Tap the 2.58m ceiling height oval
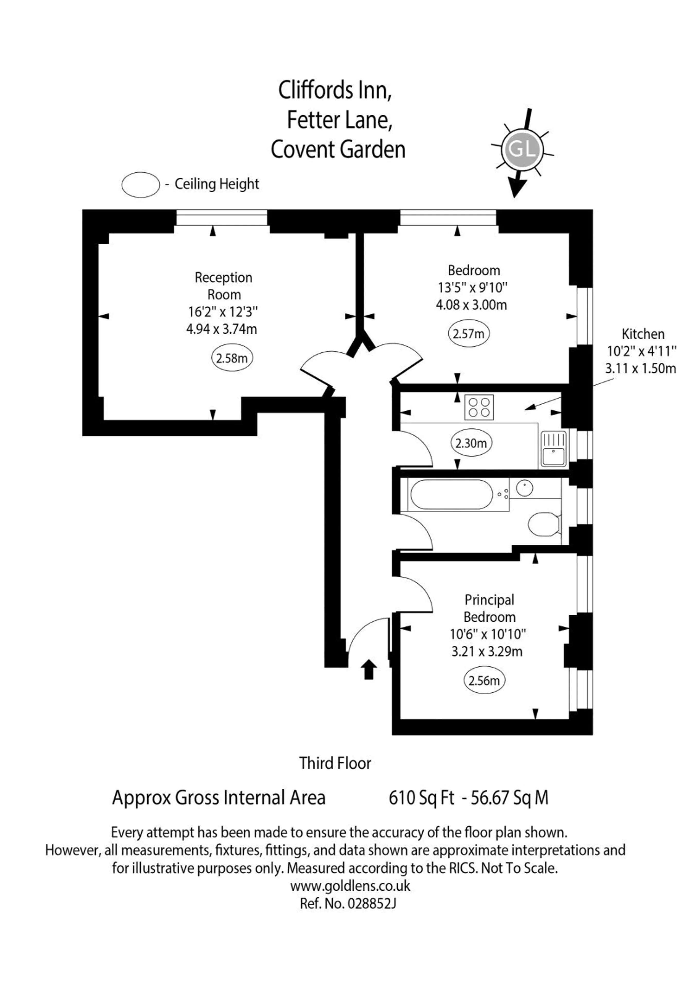click(232, 358)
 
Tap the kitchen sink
click(553, 449)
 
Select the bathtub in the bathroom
click(452, 494)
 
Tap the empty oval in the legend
click(141, 185)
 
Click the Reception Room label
click(224, 286)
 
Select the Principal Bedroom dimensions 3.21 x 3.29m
click(487, 651)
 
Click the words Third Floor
click(335, 763)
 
